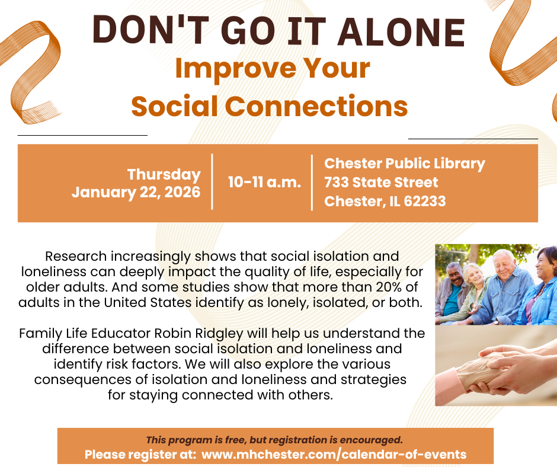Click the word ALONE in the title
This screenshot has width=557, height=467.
point(401,31)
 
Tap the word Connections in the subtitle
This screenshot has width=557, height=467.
point(316,106)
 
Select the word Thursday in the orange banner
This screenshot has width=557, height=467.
point(164,175)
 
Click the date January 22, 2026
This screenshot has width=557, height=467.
point(136,192)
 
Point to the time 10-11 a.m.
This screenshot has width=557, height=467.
point(264,182)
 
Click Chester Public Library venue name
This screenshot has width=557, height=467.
point(405,164)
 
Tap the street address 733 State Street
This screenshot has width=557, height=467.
point(381,183)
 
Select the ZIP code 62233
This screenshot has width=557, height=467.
point(425,201)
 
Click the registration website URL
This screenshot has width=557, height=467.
point(334,454)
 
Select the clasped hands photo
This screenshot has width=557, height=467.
point(496,366)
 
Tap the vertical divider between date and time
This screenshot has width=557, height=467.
point(212,181)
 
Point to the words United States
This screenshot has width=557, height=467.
point(148,302)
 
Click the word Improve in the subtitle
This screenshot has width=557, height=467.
point(235,69)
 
